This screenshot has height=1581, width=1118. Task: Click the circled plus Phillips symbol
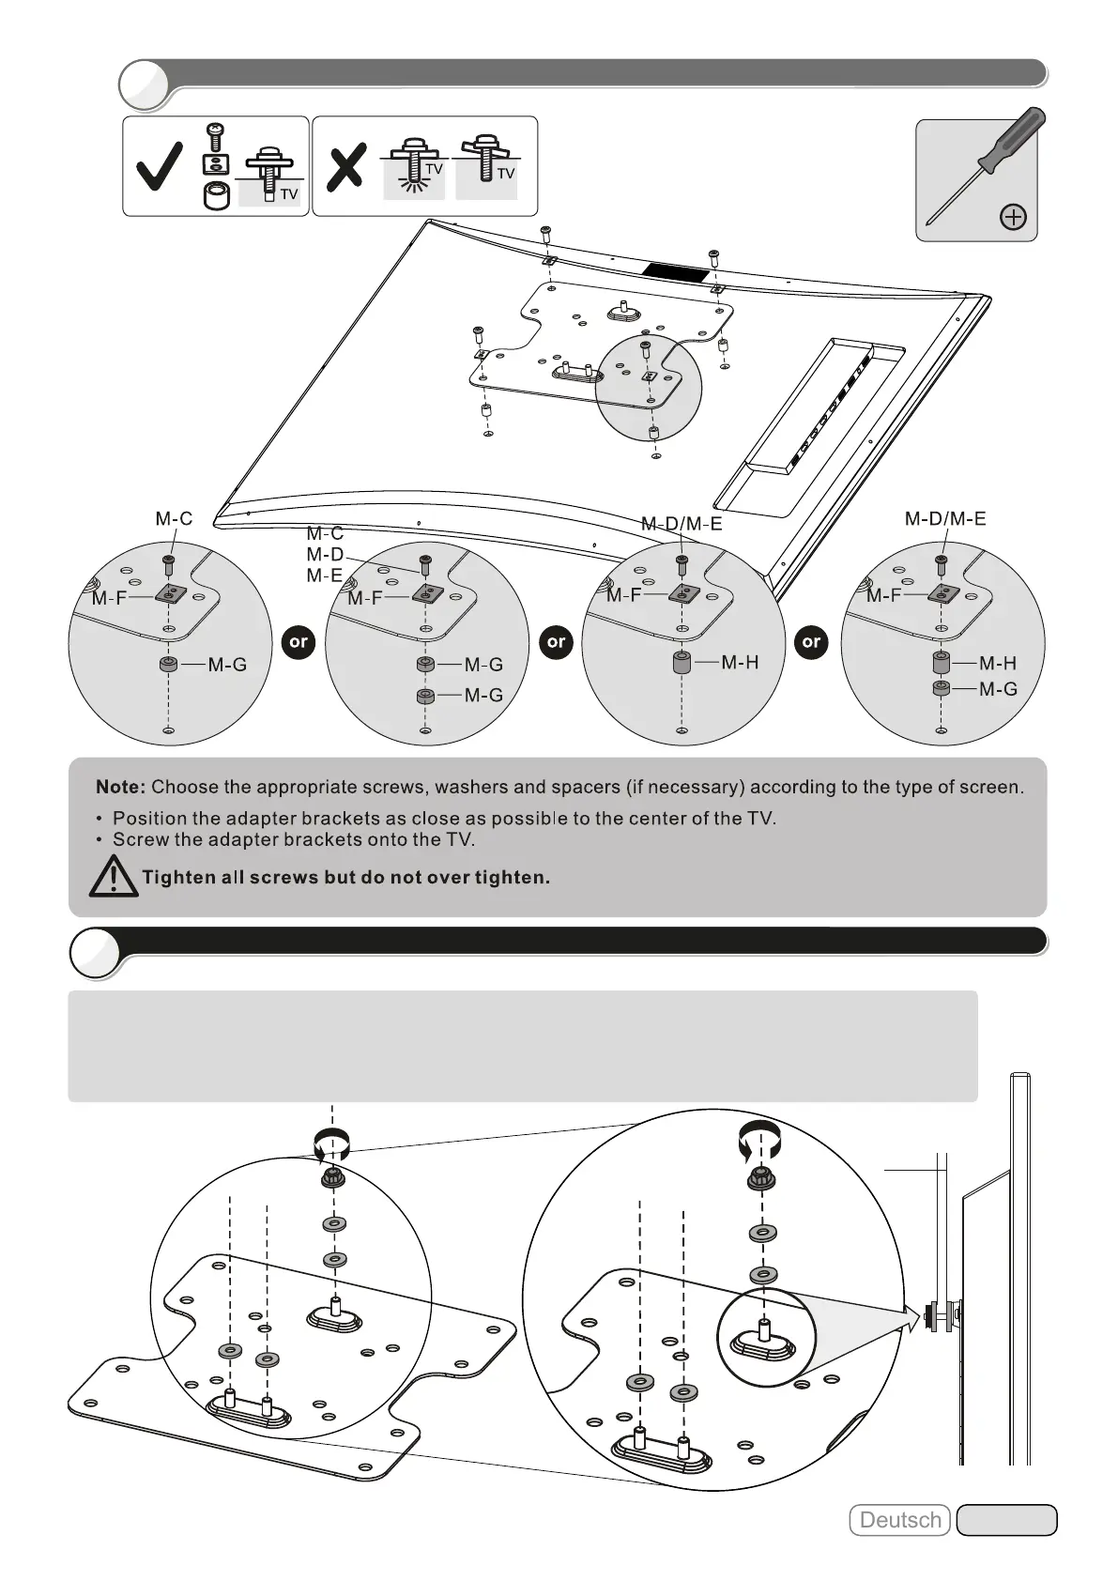[1013, 218]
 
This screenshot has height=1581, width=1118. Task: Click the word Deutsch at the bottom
[899, 1520]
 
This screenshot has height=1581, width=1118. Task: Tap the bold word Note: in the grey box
[120, 787]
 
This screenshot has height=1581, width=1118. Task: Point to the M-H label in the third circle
[740, 663]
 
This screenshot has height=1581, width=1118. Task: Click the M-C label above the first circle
[174, 518]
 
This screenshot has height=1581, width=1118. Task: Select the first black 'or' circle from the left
[299, 642]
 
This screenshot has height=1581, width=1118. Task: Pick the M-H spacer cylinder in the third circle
[682, 663]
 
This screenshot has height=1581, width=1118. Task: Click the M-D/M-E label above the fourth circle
[945, 518]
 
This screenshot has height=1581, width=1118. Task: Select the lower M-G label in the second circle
[483, 695]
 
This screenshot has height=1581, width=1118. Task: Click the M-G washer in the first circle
[168, 665]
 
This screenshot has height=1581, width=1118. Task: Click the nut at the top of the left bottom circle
[330, 1178]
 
